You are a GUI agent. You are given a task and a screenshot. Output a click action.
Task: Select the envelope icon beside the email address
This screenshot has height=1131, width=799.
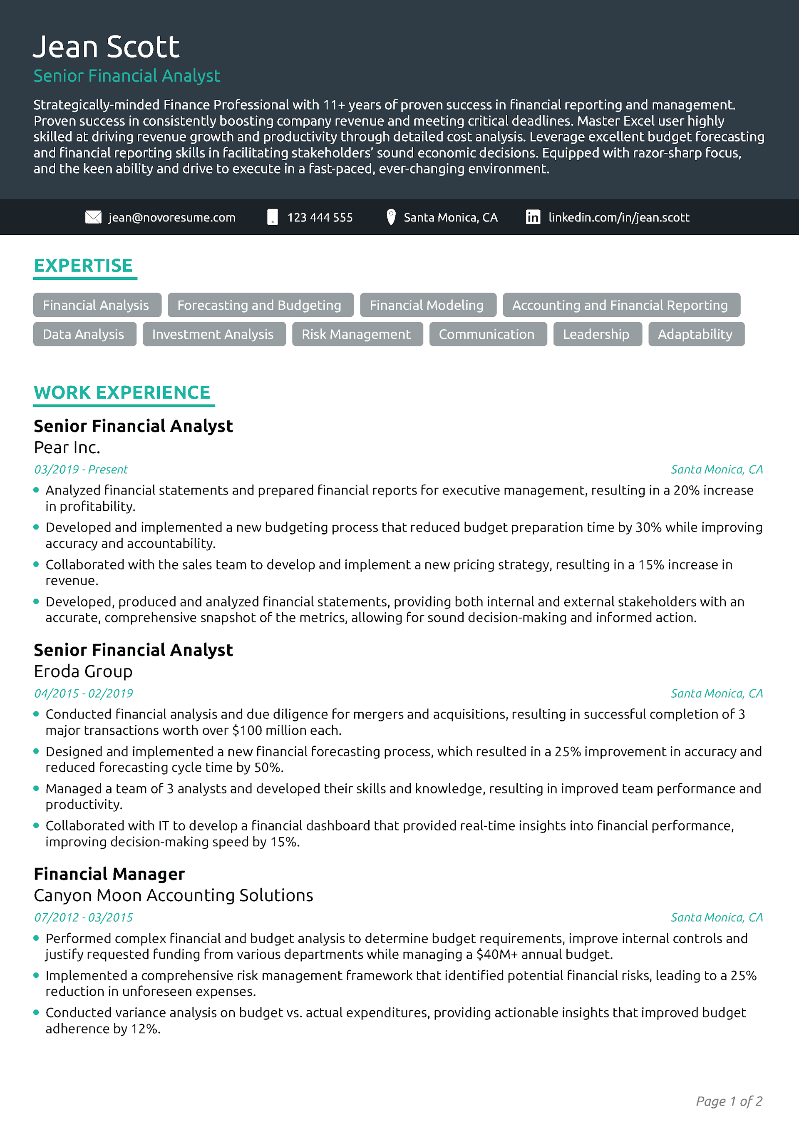(93, 217)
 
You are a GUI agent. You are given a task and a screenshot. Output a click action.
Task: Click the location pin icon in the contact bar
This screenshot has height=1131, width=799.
(391, 217)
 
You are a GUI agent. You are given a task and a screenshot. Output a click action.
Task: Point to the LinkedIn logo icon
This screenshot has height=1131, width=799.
(533, 217)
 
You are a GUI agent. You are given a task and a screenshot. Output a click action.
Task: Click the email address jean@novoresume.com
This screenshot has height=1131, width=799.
(172, 218)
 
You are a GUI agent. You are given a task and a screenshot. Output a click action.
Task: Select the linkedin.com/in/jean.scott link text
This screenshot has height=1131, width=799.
(619, 218)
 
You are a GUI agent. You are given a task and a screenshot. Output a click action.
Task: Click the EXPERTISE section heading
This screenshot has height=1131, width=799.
(83, 266)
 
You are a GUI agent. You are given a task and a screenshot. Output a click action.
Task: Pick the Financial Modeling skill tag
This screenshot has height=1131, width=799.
(427, 306)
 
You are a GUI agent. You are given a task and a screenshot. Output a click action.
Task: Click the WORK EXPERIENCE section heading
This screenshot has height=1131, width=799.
(122, 393)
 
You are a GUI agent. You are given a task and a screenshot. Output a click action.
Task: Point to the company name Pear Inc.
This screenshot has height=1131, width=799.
(67, 447)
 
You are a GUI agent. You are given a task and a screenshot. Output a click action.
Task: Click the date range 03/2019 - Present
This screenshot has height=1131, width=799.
(81, 470)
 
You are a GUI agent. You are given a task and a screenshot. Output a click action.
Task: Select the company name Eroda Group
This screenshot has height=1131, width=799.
(83, 671)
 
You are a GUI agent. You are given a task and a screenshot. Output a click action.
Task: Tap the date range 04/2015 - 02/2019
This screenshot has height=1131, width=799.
(83, 694)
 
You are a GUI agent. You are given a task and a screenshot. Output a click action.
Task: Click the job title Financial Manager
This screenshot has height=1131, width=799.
(109, 874)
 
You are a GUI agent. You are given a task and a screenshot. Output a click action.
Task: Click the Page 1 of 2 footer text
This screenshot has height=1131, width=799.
(729, 1101)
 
